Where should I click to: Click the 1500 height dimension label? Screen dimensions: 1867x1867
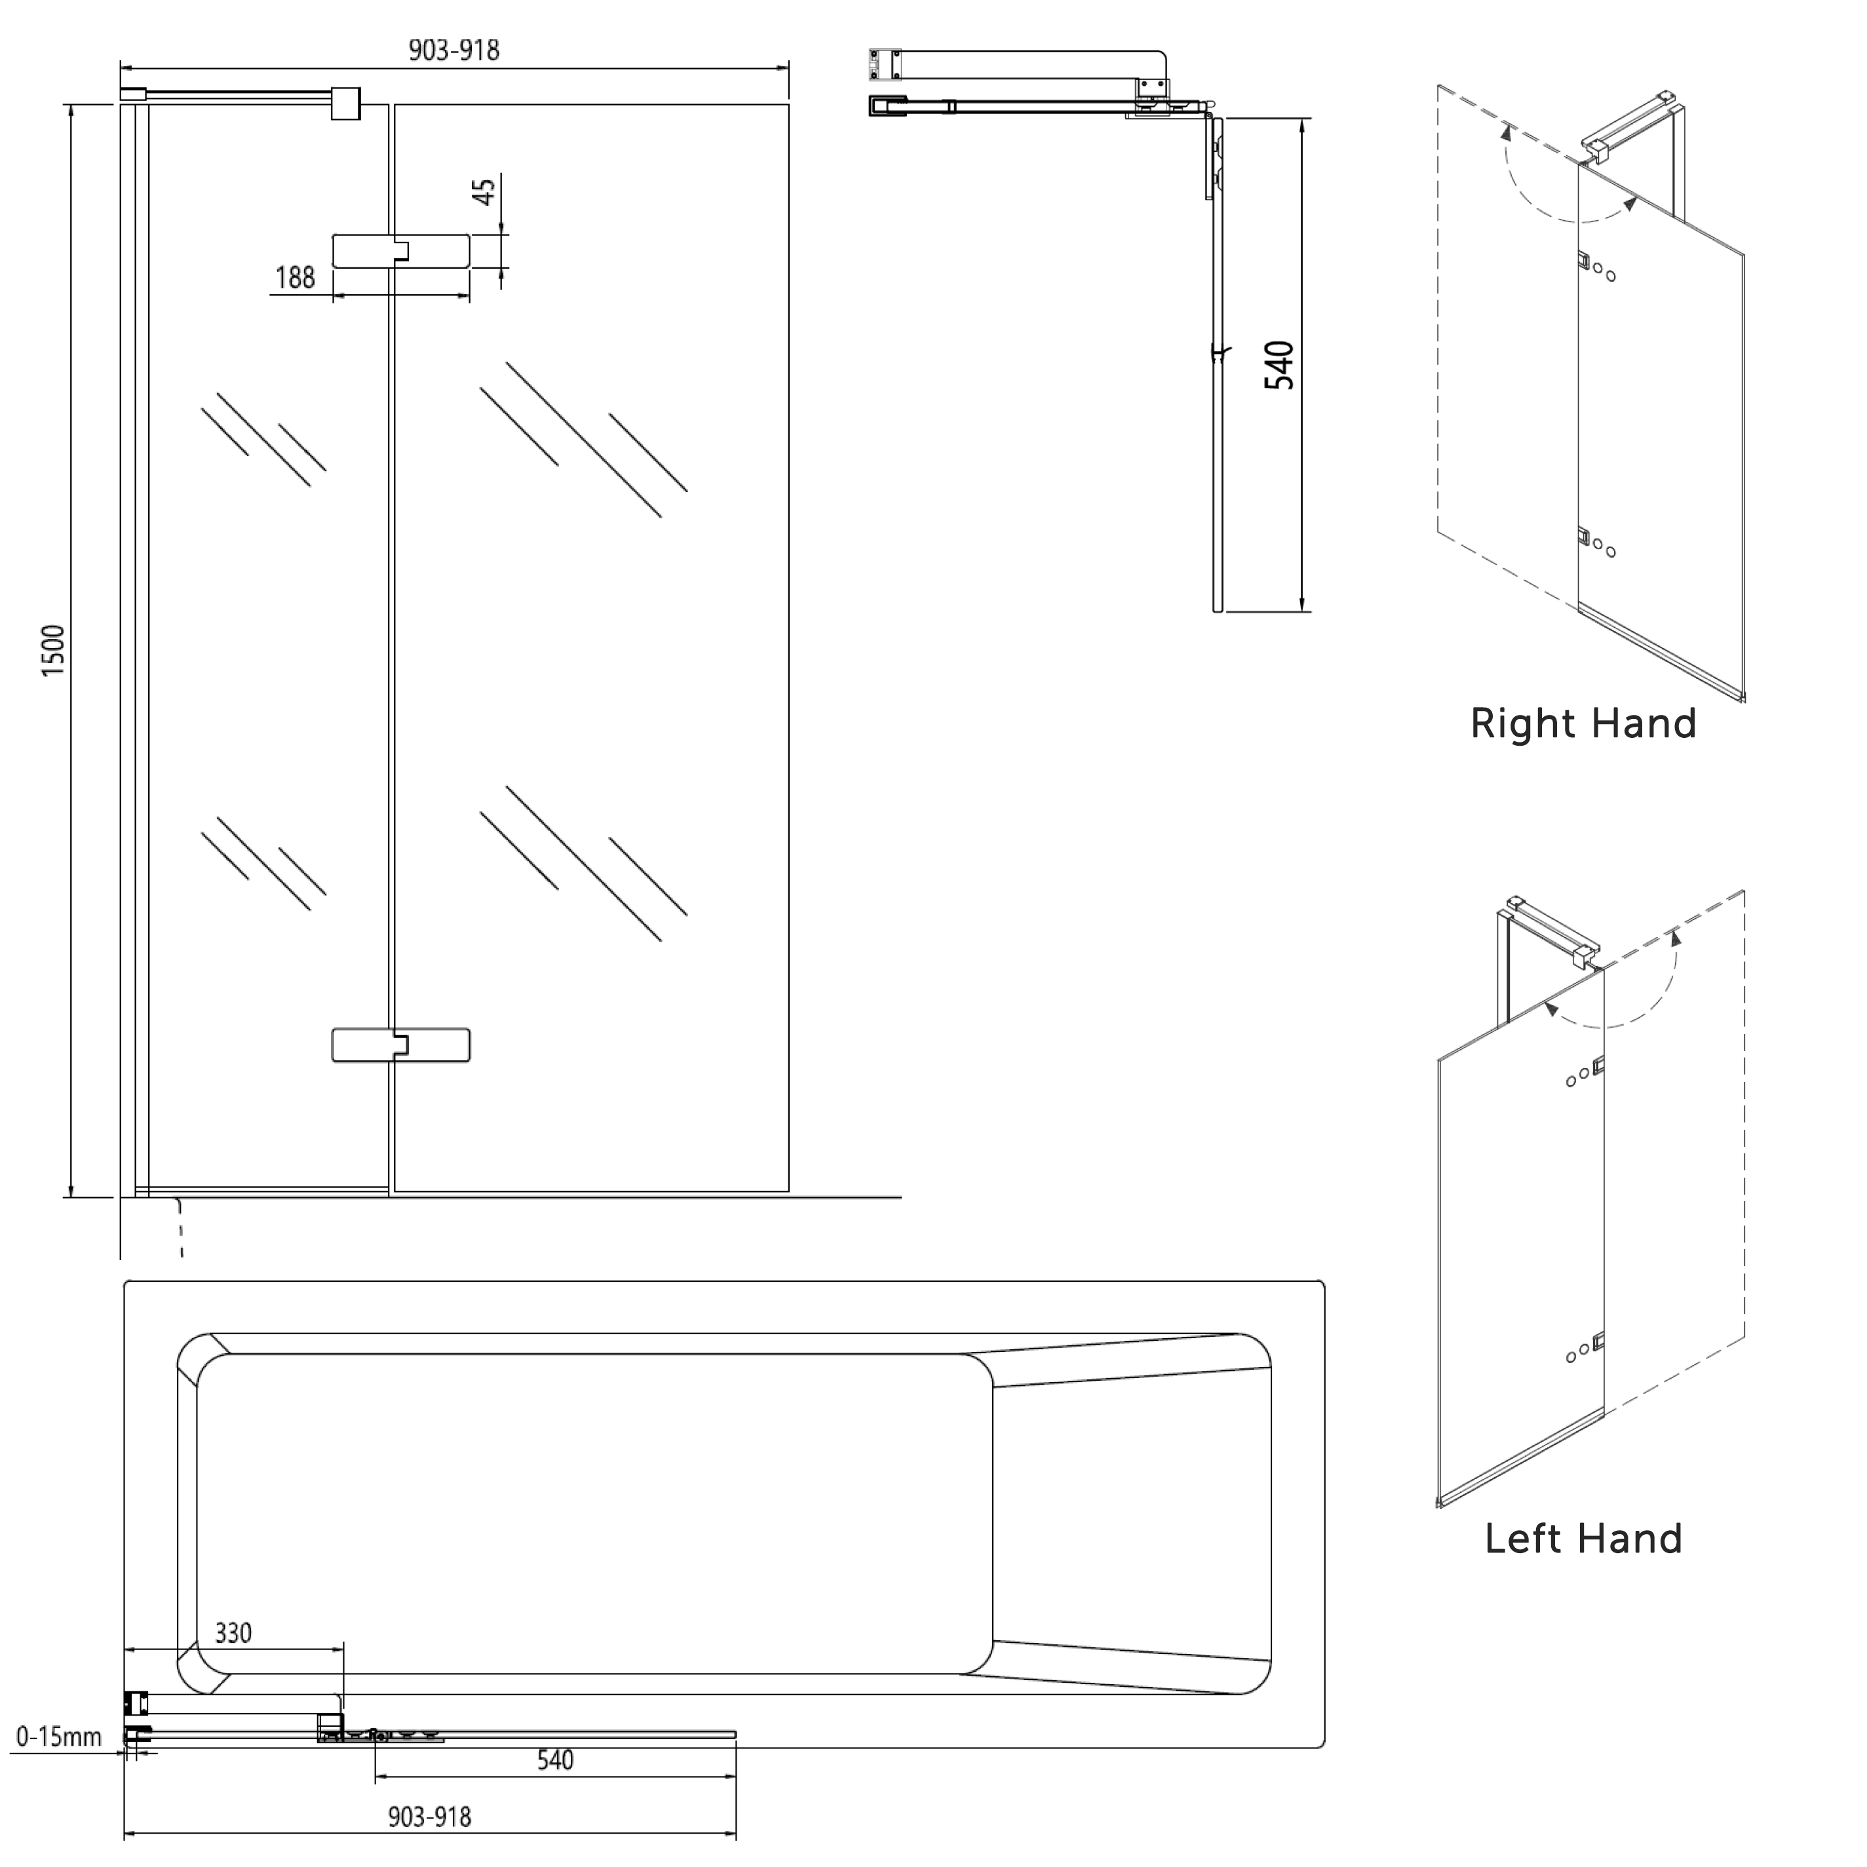point(53,649)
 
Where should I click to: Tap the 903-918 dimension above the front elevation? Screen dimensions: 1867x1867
point(453,50)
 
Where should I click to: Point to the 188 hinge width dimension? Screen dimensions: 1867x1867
point(295,279)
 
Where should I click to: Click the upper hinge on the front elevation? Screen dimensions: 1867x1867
point(401,251)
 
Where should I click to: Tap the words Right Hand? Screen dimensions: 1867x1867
point(1583,724)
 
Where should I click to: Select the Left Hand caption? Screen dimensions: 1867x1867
point(1583,1539)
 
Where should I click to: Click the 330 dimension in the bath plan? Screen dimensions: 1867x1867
point(233,1633)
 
